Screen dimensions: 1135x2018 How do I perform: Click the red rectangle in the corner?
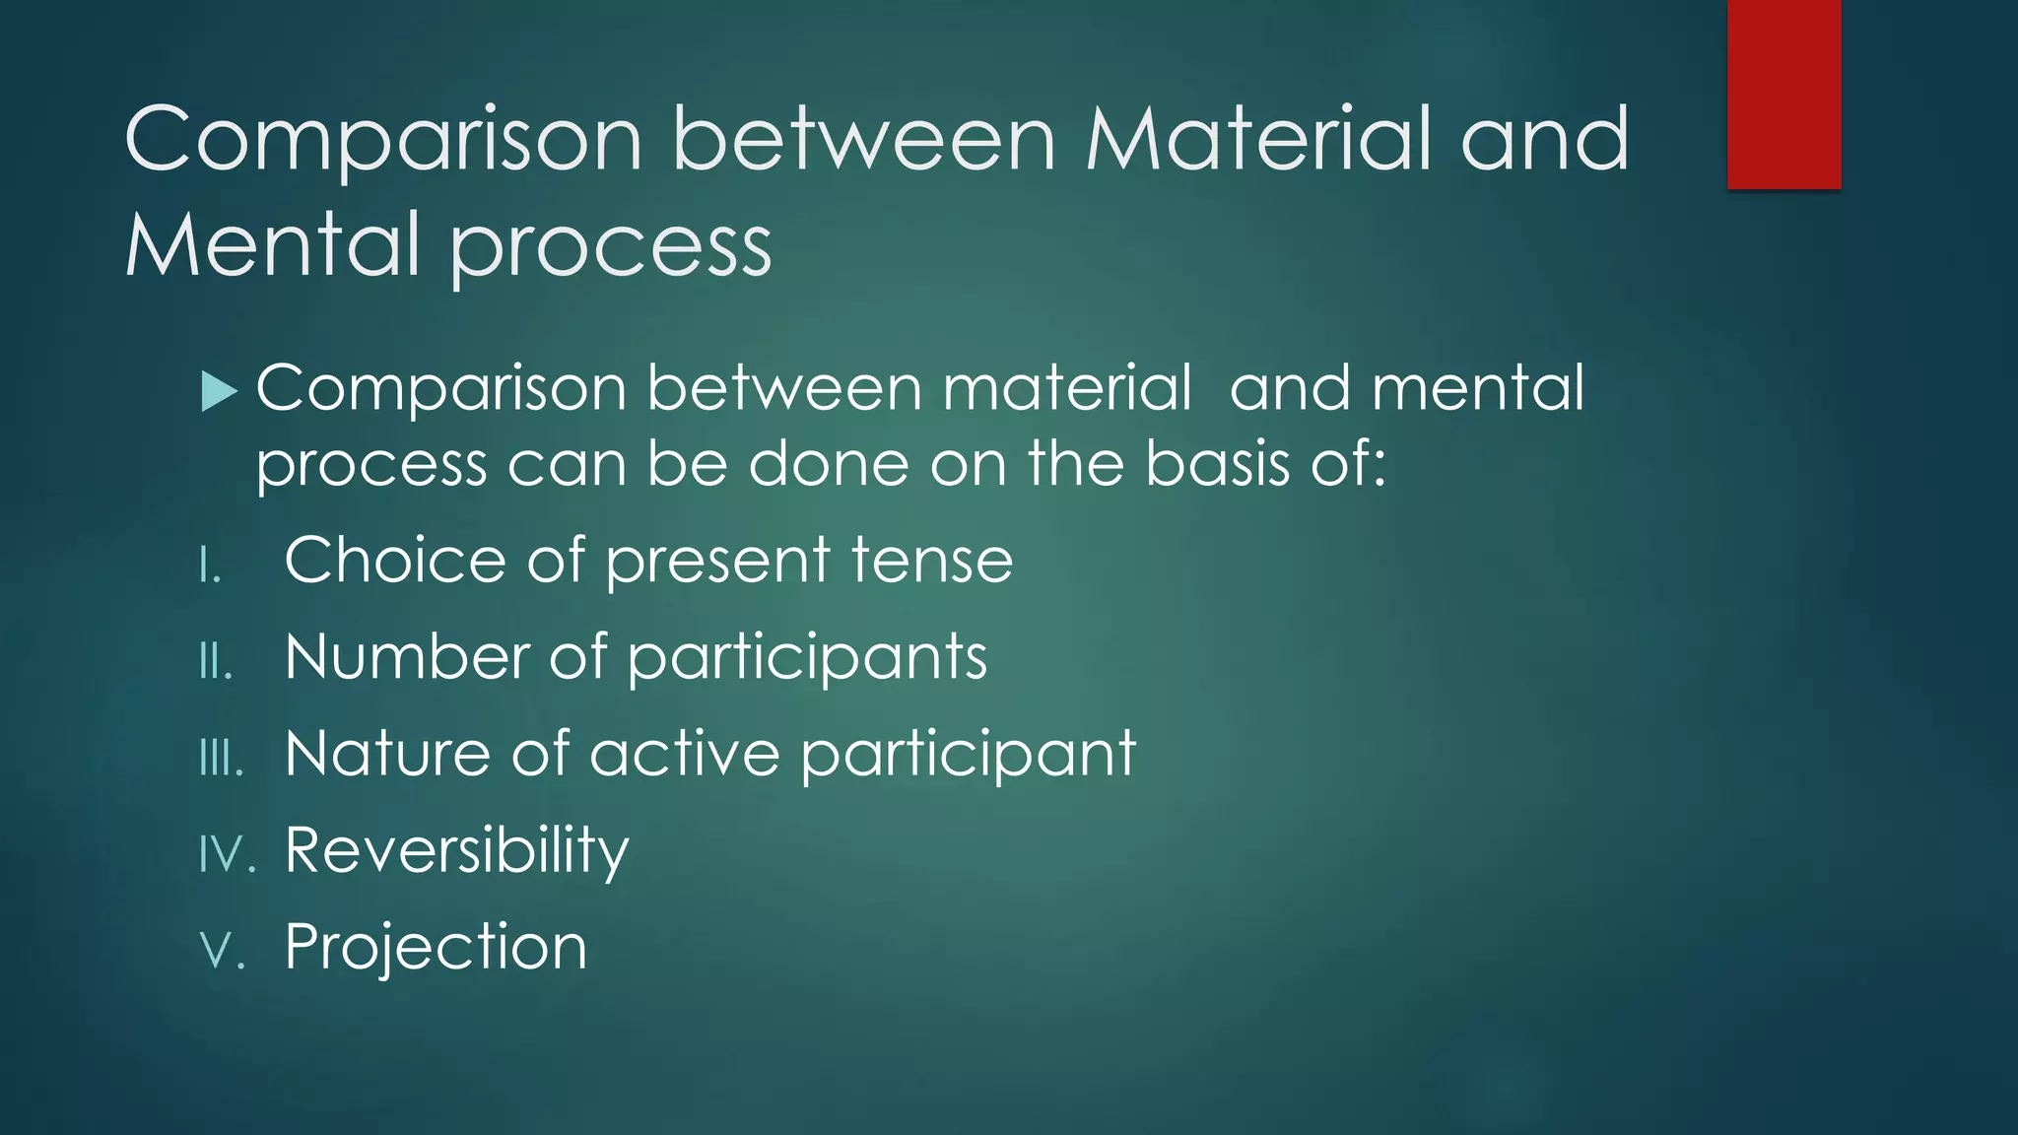point(1783,94)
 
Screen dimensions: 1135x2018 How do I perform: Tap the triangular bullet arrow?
point(218,391)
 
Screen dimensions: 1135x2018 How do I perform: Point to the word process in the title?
point(611,248)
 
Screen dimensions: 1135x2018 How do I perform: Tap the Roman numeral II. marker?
point(216,661)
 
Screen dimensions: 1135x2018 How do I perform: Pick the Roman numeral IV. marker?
point(227,853)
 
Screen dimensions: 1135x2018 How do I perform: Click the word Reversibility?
point(456,850)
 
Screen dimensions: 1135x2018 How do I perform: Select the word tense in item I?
point(931,560)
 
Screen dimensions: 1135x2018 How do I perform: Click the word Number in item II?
point(406,656)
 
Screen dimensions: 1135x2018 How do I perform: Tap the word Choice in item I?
point(395,560)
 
